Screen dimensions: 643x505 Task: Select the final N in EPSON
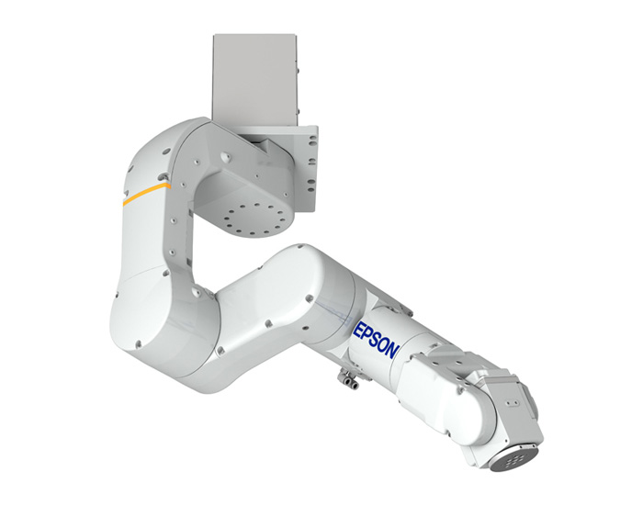click(x=393, y=351)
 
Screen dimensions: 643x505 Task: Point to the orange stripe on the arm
click(x=146, y=193)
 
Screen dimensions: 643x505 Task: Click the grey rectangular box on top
click(x=254, y=81)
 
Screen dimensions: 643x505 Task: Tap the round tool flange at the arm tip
click(x=515, y=459)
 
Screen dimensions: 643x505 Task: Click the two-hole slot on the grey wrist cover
click(x=512, y=403)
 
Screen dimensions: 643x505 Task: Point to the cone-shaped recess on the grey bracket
click(x=224, y=157)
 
